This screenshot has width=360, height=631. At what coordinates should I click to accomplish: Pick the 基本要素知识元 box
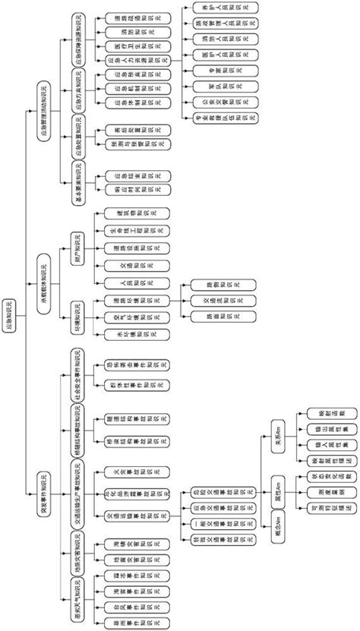77,183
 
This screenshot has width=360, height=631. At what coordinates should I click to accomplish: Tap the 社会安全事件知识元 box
77,374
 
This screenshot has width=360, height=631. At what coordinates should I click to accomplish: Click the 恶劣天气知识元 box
77,598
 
